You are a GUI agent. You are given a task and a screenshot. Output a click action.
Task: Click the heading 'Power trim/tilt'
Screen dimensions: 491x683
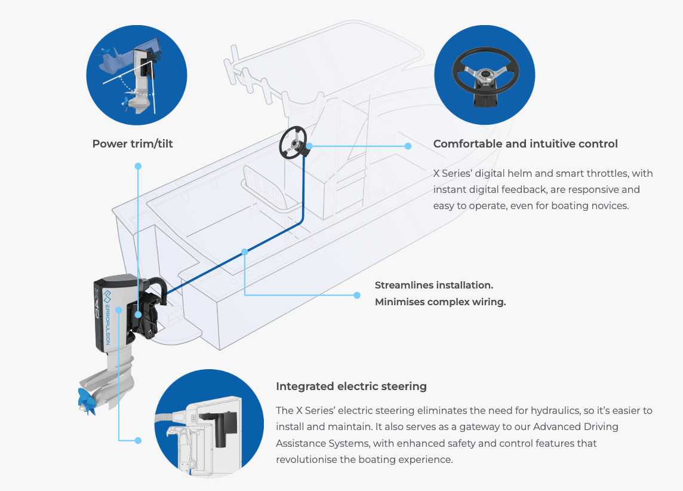(x=133, y=144)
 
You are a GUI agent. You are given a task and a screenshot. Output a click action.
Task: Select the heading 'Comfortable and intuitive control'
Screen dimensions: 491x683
(x=525, y=144)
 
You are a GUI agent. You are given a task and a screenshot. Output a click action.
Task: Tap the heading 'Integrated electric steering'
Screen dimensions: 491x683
(x=351, y=386)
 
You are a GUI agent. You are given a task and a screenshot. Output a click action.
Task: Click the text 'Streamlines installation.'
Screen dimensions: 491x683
(x=433, y=286)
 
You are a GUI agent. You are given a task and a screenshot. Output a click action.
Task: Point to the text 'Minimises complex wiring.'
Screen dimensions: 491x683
(x=440, y=302)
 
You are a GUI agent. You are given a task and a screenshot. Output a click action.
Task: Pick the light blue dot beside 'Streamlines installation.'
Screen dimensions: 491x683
(x=357, y=295)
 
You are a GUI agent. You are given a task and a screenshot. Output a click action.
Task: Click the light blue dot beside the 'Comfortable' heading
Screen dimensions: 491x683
(x=408, y=146)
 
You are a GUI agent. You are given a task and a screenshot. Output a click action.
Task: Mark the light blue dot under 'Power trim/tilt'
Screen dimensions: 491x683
(x=138, y=166)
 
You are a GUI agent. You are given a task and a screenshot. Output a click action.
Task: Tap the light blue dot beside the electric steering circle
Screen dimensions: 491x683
(x=138, y=440)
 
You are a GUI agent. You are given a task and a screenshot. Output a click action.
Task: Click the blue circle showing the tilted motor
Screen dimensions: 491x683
(x=137, y=75)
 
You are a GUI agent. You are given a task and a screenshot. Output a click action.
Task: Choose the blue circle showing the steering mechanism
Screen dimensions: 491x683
(x=209, y=424)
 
